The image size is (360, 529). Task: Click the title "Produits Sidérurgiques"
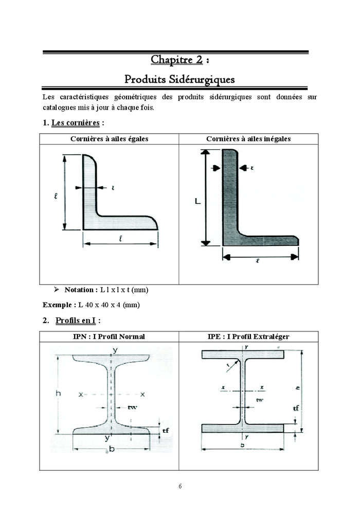coord(179,80)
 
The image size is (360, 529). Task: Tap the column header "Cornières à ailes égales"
coord(109,139)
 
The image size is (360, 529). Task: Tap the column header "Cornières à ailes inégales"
coord(248,139)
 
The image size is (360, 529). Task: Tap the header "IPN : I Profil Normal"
coord(109,337)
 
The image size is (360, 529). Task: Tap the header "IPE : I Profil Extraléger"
coord(248,337)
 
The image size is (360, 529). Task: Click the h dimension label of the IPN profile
coord(58,394)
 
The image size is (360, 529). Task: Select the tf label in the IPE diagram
coord(296,408)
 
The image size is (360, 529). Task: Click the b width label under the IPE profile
coord(242,445)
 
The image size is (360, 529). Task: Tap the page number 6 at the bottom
coord(180,486)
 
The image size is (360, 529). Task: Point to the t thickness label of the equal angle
coord(113,188)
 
